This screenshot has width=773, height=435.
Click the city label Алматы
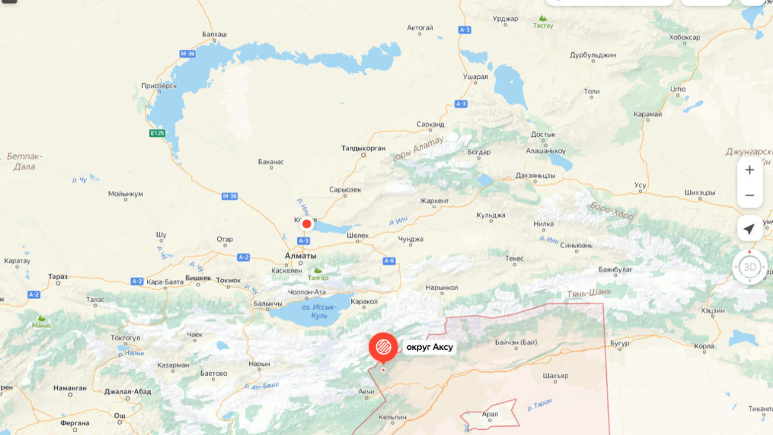(300, 256)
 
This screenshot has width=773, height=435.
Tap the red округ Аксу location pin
(383, 347)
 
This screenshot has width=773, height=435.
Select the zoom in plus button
(749, 170)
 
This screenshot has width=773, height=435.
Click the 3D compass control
(749, 266)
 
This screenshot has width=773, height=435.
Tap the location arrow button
(749, 229)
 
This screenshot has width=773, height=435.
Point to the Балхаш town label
(215, 34)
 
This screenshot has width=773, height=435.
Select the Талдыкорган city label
(363, 148)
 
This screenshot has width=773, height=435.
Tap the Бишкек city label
(198, 278)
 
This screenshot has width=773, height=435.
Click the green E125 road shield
(157, 133)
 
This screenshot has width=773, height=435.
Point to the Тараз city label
(57, 276)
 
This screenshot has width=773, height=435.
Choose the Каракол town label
(364, 301)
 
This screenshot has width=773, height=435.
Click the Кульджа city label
(491, 215)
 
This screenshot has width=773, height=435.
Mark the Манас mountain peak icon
(41, 318)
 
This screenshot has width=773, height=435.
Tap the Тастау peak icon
(542, 18)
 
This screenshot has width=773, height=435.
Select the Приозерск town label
(159, 85)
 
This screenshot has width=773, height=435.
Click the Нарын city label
(259, 363)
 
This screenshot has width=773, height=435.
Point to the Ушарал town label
(475, 76)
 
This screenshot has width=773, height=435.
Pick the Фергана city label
(75, 423)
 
